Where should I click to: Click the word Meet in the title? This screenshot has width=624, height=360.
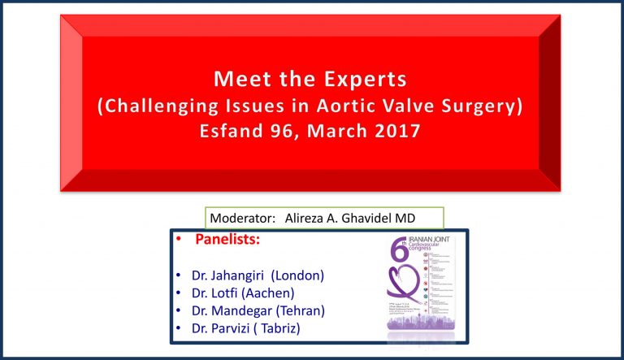pyautogui.click(x=238, y=80)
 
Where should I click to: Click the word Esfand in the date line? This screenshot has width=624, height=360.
pyautogui.click(x=236, y=131)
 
